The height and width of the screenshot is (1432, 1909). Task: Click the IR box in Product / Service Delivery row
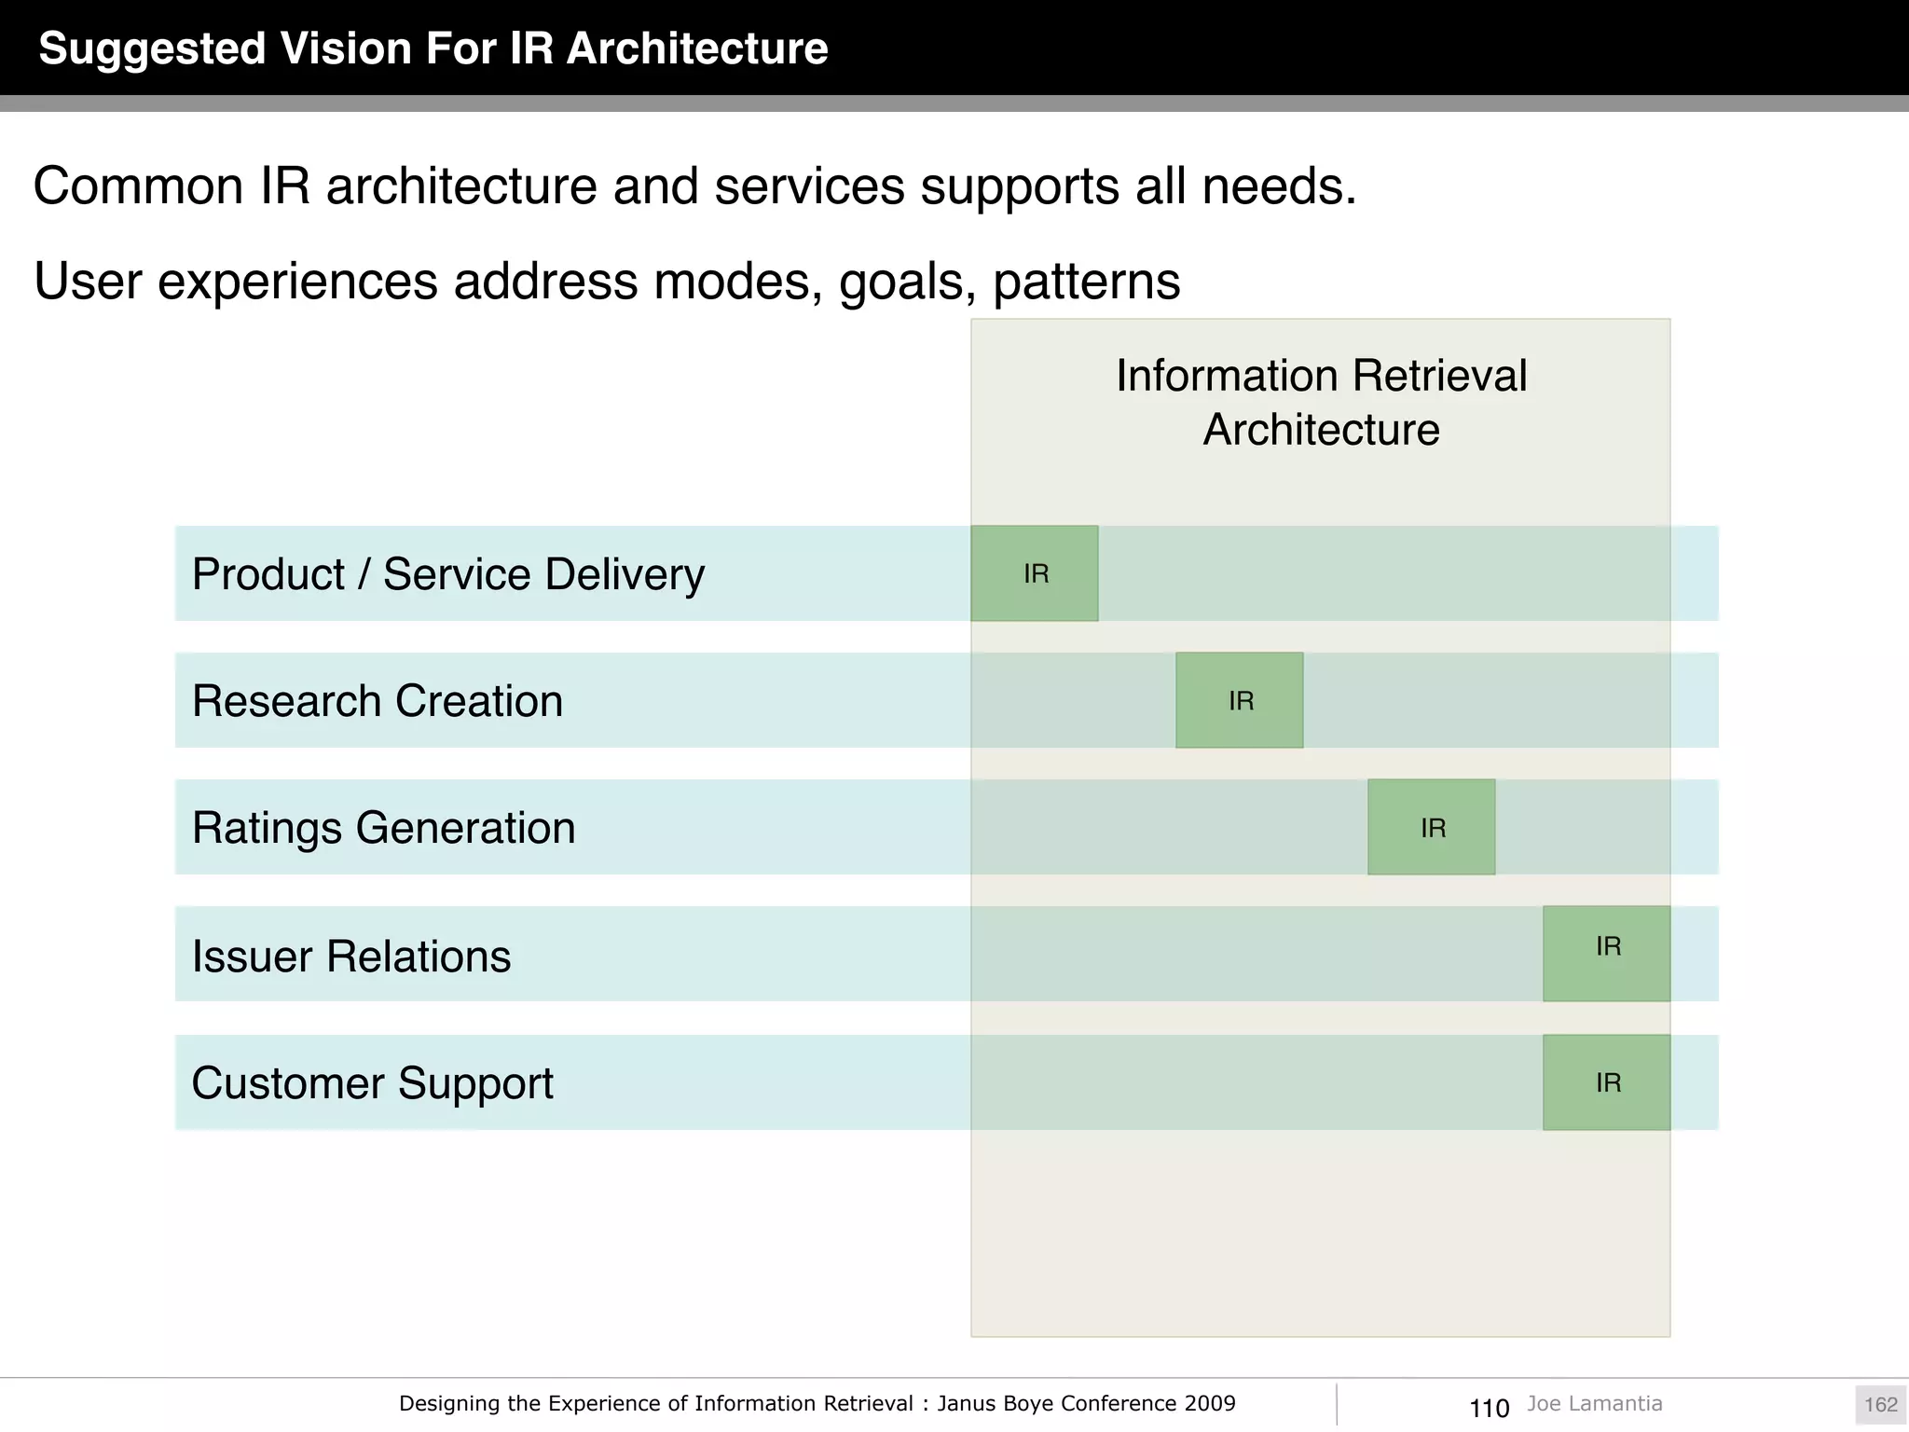pyautogui.click(x=1035, y=573)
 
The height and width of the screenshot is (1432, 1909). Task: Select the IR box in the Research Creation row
pyautogui.click(x=1240, y=700)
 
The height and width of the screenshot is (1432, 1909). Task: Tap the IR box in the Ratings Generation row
pyautogui.click(x=1432, y=827)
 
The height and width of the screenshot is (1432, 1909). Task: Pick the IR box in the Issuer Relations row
pyautogui.click(x=1607, y=954)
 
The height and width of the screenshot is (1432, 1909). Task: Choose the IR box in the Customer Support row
pyautogui.click(x=1607, y=1082)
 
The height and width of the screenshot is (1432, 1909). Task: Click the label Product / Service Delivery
pyautogui.click(x=447, y=574)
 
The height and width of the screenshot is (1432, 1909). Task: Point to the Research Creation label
pyautogui.click(x=378, y=701)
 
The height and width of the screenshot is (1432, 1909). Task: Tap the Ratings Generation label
pyautogui.click(x=383, y=828)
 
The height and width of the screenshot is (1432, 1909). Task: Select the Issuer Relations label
pyautogui.click(x=351, y=957)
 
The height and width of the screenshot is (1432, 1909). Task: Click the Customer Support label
pyautogui.click(x=372, y=1083)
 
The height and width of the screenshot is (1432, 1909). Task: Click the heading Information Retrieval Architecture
pyautogui.click(x=1321, y=403)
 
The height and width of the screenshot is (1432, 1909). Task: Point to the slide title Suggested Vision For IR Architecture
pyautogui.click(x=433, y=48)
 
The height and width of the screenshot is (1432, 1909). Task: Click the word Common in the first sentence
pyautogui.click(x=138, y=186)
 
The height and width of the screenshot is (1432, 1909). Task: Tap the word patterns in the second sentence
pyautogui.click(x=1087, y=282)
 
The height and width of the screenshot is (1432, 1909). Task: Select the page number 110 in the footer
pyautogui.click(x=1489, y=1408)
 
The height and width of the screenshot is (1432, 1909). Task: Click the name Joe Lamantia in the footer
pyautogui.click(x=1594, y=1404)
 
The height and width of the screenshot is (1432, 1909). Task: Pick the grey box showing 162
pyautogui.click(x=1880, y=1405)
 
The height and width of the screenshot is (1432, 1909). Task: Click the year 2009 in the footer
pyautogui.click(x=1210, y=1404)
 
